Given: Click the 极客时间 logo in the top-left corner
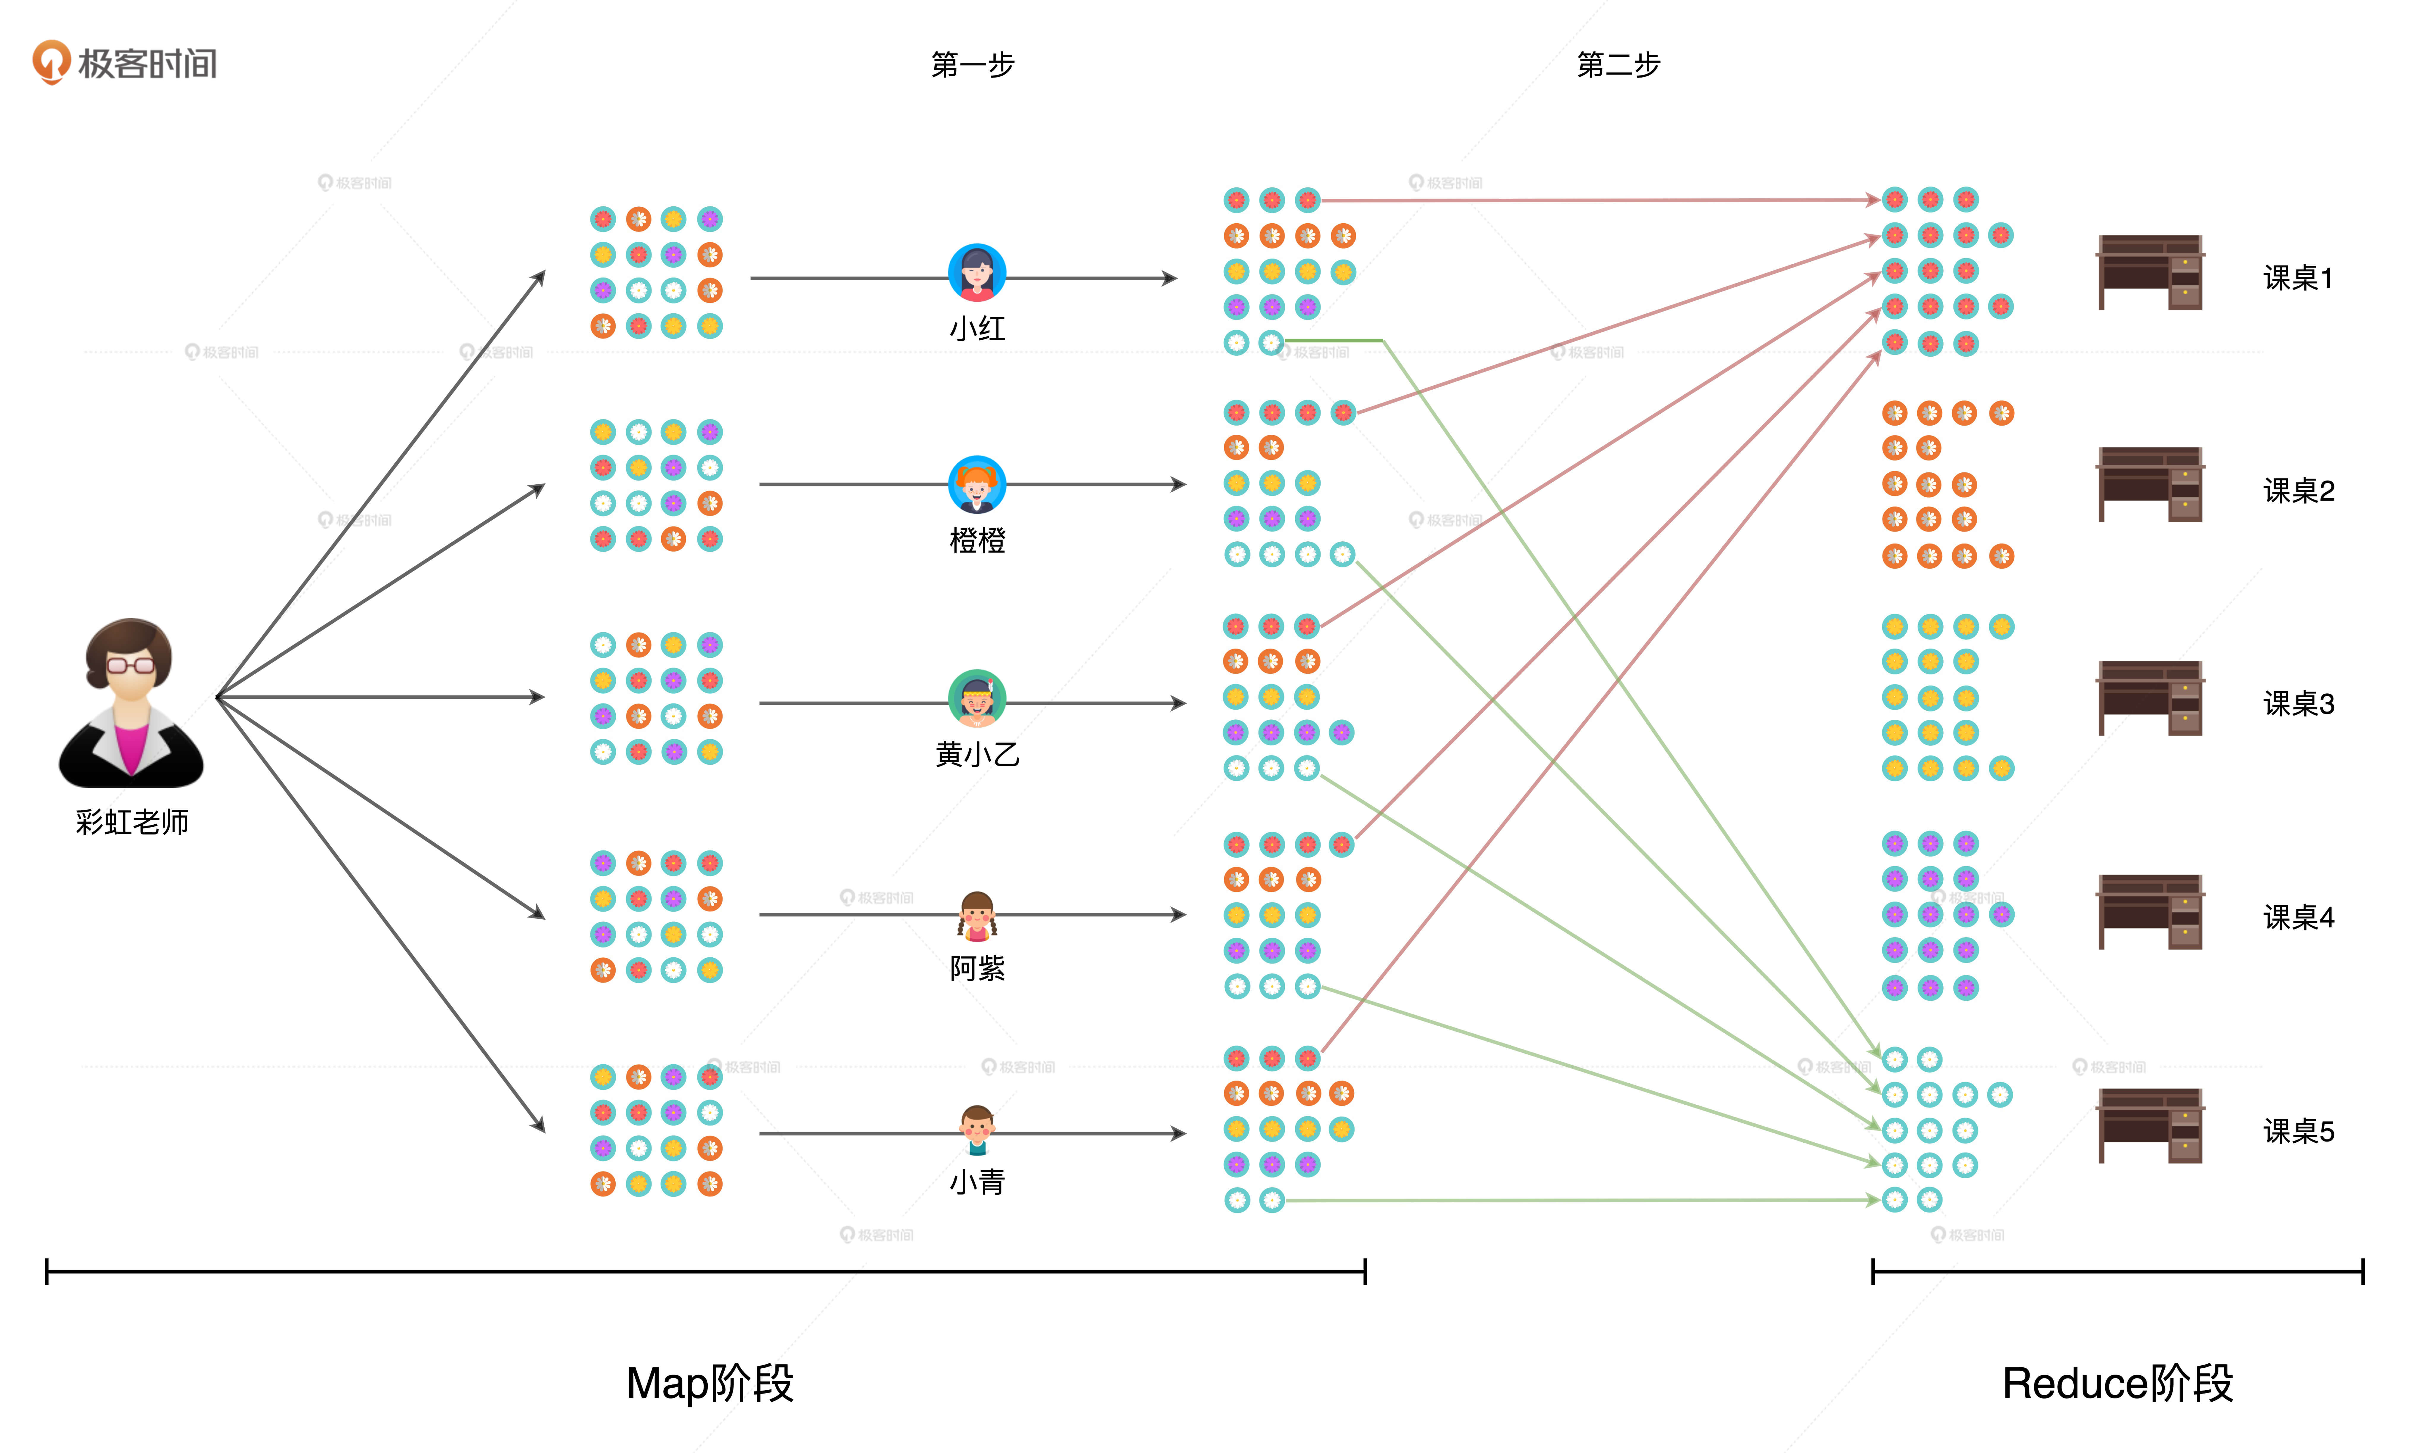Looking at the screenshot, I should coord(125,63).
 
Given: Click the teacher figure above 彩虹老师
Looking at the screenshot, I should coord(131,702).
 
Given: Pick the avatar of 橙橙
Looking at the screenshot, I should coord(977,484).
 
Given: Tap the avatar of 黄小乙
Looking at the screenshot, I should coord(977,698).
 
